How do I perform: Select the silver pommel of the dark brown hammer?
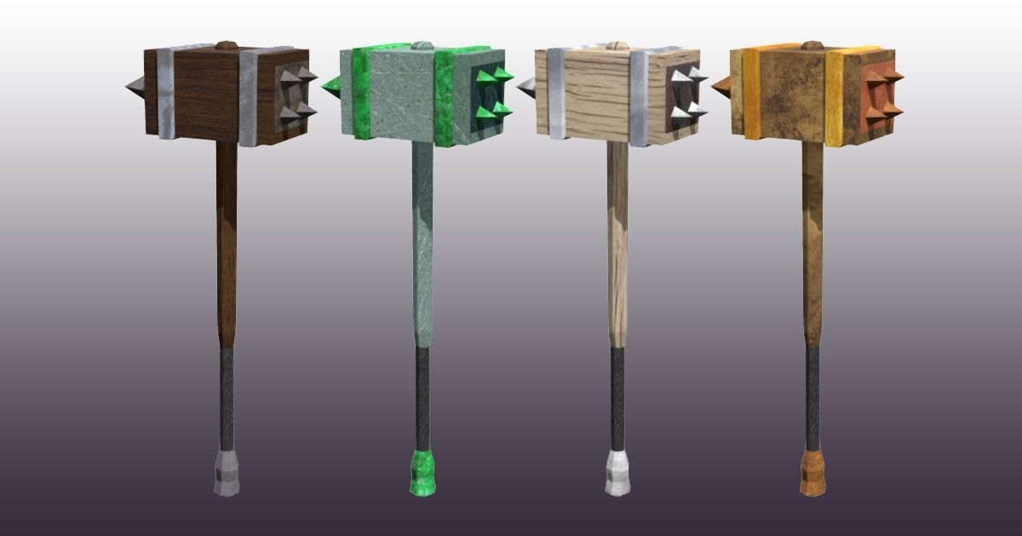tap(227, 473)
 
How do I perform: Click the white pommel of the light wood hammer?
tap(617, 473)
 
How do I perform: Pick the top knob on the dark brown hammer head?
tap(225, 44)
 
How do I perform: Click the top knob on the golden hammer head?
tap(812, 44)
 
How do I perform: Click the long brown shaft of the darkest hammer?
tap(226, 247)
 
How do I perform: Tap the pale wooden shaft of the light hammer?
tap(617, 247)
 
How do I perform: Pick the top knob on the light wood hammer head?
tap(616, 44)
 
